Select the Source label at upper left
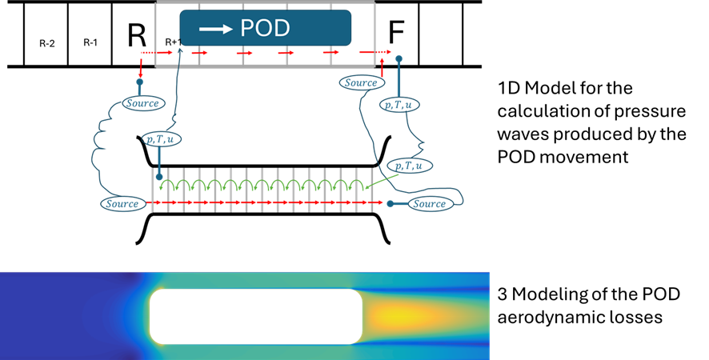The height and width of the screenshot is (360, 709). click(x=143, y=103)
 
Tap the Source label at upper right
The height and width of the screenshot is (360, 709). click(x=360, y=82)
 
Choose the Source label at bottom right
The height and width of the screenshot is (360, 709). click(x=429, y=204)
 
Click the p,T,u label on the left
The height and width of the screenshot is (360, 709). click(x=162, y=138)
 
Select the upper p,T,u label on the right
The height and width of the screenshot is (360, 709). click(x=399, y=104)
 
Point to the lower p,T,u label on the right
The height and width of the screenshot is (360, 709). click(x=409, y=166)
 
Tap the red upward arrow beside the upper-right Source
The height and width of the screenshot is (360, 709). click(x=382, y=67)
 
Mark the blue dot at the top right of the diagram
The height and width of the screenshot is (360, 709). click(x=399, y=59)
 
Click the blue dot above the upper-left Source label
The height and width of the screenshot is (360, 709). click(x=140, y=82)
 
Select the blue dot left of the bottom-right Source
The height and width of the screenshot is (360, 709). click(x=390, y=204)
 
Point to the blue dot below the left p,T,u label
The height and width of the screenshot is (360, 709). click(x=159, y=177)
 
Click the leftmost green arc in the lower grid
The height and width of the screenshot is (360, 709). click(x=167, y=186)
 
